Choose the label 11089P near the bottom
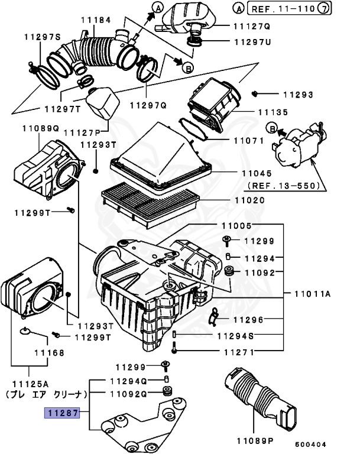(x=255, y=440)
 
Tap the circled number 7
(x=340, y=9)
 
